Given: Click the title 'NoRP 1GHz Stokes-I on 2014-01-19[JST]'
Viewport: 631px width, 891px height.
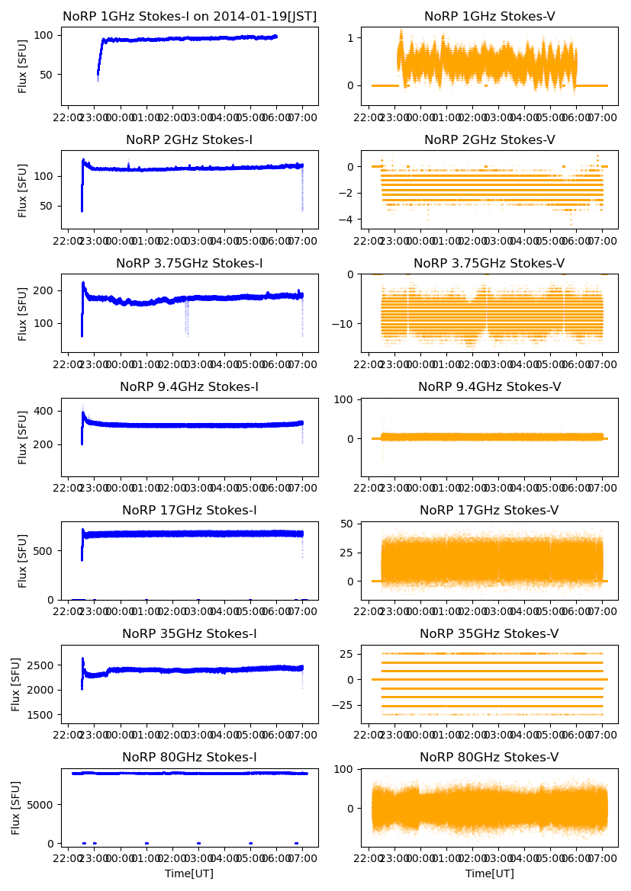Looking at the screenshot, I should (x=189, y=16).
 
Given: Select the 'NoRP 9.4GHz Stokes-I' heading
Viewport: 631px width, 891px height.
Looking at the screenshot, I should (x=189, y=386).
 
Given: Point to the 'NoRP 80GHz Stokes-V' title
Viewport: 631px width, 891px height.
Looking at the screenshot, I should (x=489, y=757).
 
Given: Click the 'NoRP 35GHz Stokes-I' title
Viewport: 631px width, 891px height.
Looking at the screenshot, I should (x=189, y=633).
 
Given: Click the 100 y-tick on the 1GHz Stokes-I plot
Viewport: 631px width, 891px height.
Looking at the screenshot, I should (x=45, y=35).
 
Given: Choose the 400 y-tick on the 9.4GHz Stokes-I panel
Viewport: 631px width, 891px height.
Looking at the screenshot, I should (x=45, y=412).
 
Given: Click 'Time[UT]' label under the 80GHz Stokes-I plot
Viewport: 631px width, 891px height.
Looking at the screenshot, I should (x=189, y=873).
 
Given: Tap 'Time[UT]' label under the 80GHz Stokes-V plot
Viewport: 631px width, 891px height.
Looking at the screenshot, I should (x=489, y=873).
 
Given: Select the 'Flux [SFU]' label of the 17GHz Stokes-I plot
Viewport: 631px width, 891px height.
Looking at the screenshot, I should (x=23, y=560).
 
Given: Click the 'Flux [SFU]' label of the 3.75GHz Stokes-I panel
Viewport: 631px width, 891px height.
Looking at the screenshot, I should (x=23, y=313).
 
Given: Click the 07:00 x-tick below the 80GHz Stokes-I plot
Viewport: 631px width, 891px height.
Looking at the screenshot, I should (x=302, y=858).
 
